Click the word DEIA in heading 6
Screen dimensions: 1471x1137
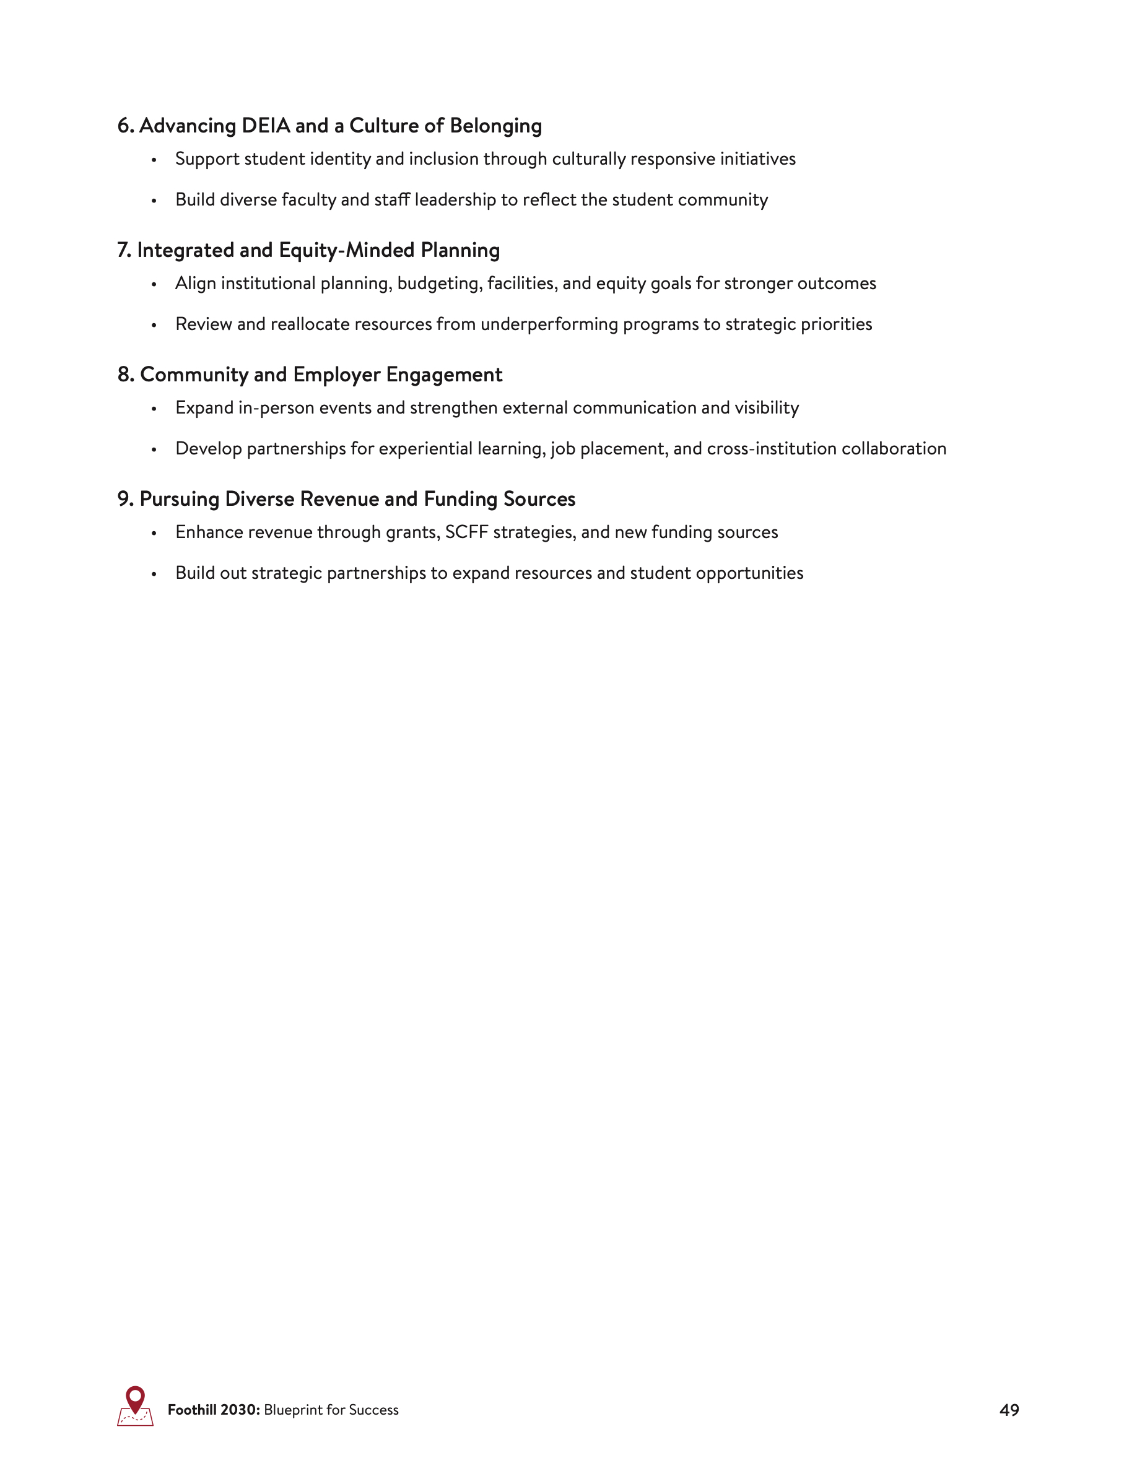[x=266, y=126]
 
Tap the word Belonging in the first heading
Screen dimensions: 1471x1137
[x=496, y=126]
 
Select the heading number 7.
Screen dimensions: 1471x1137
[x=123, y=251]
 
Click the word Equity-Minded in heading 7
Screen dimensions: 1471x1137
[x=346, y=251]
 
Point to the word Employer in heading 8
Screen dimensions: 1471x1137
[x=336, y=375]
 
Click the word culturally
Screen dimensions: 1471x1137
[x=589, y=159]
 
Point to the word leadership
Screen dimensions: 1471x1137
[x=455, y=200]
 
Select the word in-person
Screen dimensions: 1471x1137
[x=276, y=408]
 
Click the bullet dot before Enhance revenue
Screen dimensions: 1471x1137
[x=154, y=534]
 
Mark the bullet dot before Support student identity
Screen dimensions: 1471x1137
[x=154, y=160]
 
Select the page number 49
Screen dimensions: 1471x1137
[x=1009, y=1410]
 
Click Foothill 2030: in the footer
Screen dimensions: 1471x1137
[x=214, y=1410]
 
